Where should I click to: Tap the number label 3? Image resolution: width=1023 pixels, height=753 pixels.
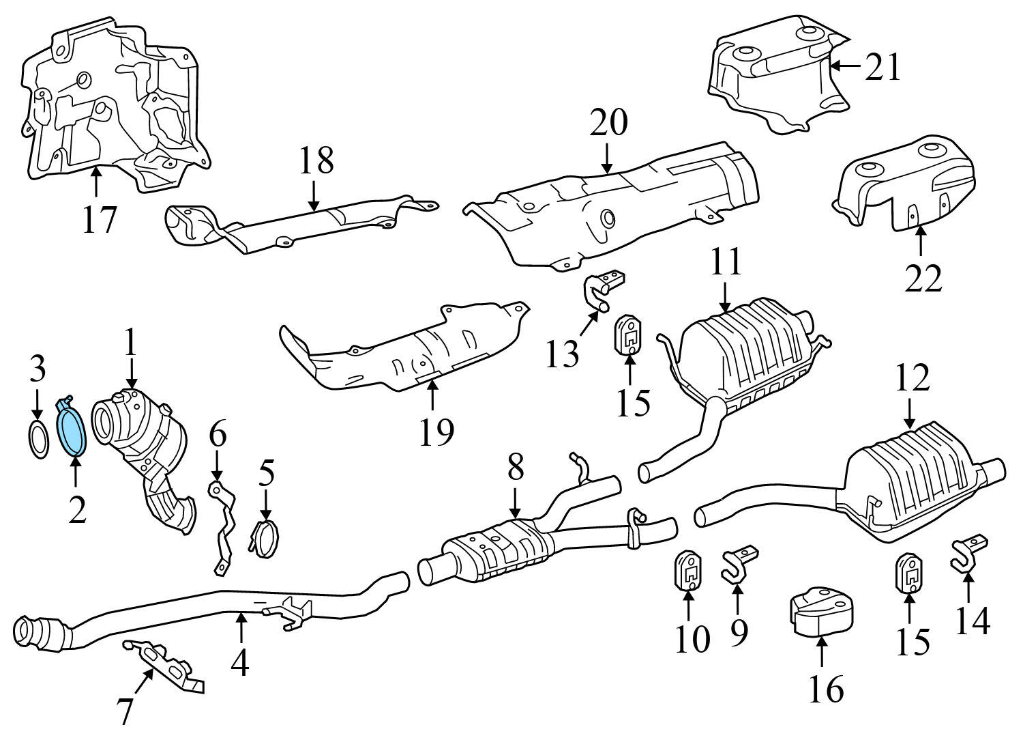click(38, 369)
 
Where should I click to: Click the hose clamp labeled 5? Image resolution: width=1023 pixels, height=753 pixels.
click(265, 537)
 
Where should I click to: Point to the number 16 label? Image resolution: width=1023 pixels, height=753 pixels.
click(826, 690)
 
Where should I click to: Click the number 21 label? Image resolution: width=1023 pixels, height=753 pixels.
click(883, 68)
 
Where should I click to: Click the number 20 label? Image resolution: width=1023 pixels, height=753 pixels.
click(608, 124)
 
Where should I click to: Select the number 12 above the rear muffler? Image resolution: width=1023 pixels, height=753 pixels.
click(912, 378)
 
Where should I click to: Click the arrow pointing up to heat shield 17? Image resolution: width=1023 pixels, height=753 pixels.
click(96, 182)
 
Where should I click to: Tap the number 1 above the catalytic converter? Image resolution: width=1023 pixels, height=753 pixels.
click(130, 343)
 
